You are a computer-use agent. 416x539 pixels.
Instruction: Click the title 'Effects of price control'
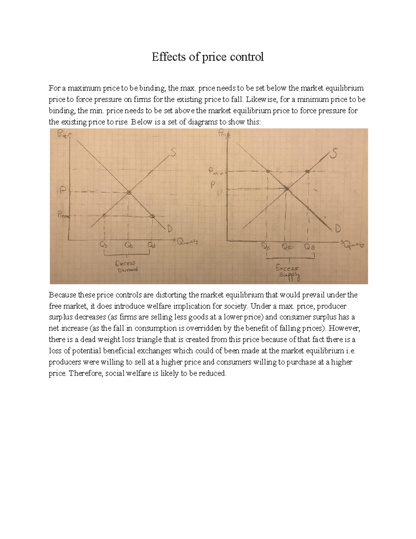208,57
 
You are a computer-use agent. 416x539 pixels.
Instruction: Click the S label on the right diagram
333,154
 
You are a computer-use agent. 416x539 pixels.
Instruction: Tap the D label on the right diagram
338,229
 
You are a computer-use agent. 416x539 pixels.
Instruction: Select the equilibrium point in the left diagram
129,192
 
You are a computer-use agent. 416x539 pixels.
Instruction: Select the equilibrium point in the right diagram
287,188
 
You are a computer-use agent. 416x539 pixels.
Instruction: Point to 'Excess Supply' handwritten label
288,272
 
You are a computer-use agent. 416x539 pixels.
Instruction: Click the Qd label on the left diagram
152,245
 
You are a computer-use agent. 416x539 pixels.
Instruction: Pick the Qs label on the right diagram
310,247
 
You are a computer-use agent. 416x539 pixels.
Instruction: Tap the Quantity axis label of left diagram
188,242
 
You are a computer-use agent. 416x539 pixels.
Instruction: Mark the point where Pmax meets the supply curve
104,216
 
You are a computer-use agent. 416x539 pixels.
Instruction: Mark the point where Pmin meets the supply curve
307,171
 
